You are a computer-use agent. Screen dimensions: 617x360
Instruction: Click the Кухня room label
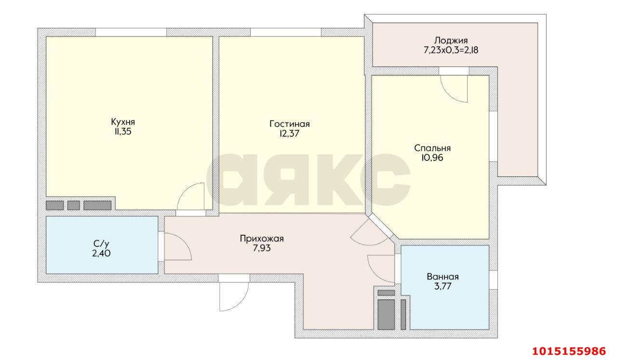click(123, 122)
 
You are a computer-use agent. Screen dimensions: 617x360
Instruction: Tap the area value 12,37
click(289, 133)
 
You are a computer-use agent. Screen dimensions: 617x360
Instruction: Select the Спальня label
click(432, 148)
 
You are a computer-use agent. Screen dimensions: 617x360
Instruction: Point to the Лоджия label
click(451, 40)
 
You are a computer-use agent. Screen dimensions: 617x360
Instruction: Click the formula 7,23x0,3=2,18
click(451, 50)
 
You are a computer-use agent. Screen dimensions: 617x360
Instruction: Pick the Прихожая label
click(262, 239)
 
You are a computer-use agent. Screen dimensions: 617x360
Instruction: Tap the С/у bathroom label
click(101, 243)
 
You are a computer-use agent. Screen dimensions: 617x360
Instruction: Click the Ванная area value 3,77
click(443, 286)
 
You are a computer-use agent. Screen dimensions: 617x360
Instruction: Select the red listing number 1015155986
click(569, 351)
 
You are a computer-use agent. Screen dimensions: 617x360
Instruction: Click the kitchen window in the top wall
click(131, 32)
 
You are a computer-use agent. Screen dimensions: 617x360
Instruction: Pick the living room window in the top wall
click(286, 32)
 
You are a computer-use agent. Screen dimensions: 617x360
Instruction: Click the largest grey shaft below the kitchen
click(97, 205)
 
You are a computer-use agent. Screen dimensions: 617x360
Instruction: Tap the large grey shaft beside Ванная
click(386, 314)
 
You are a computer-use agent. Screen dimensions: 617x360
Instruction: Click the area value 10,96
click(432, 158)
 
